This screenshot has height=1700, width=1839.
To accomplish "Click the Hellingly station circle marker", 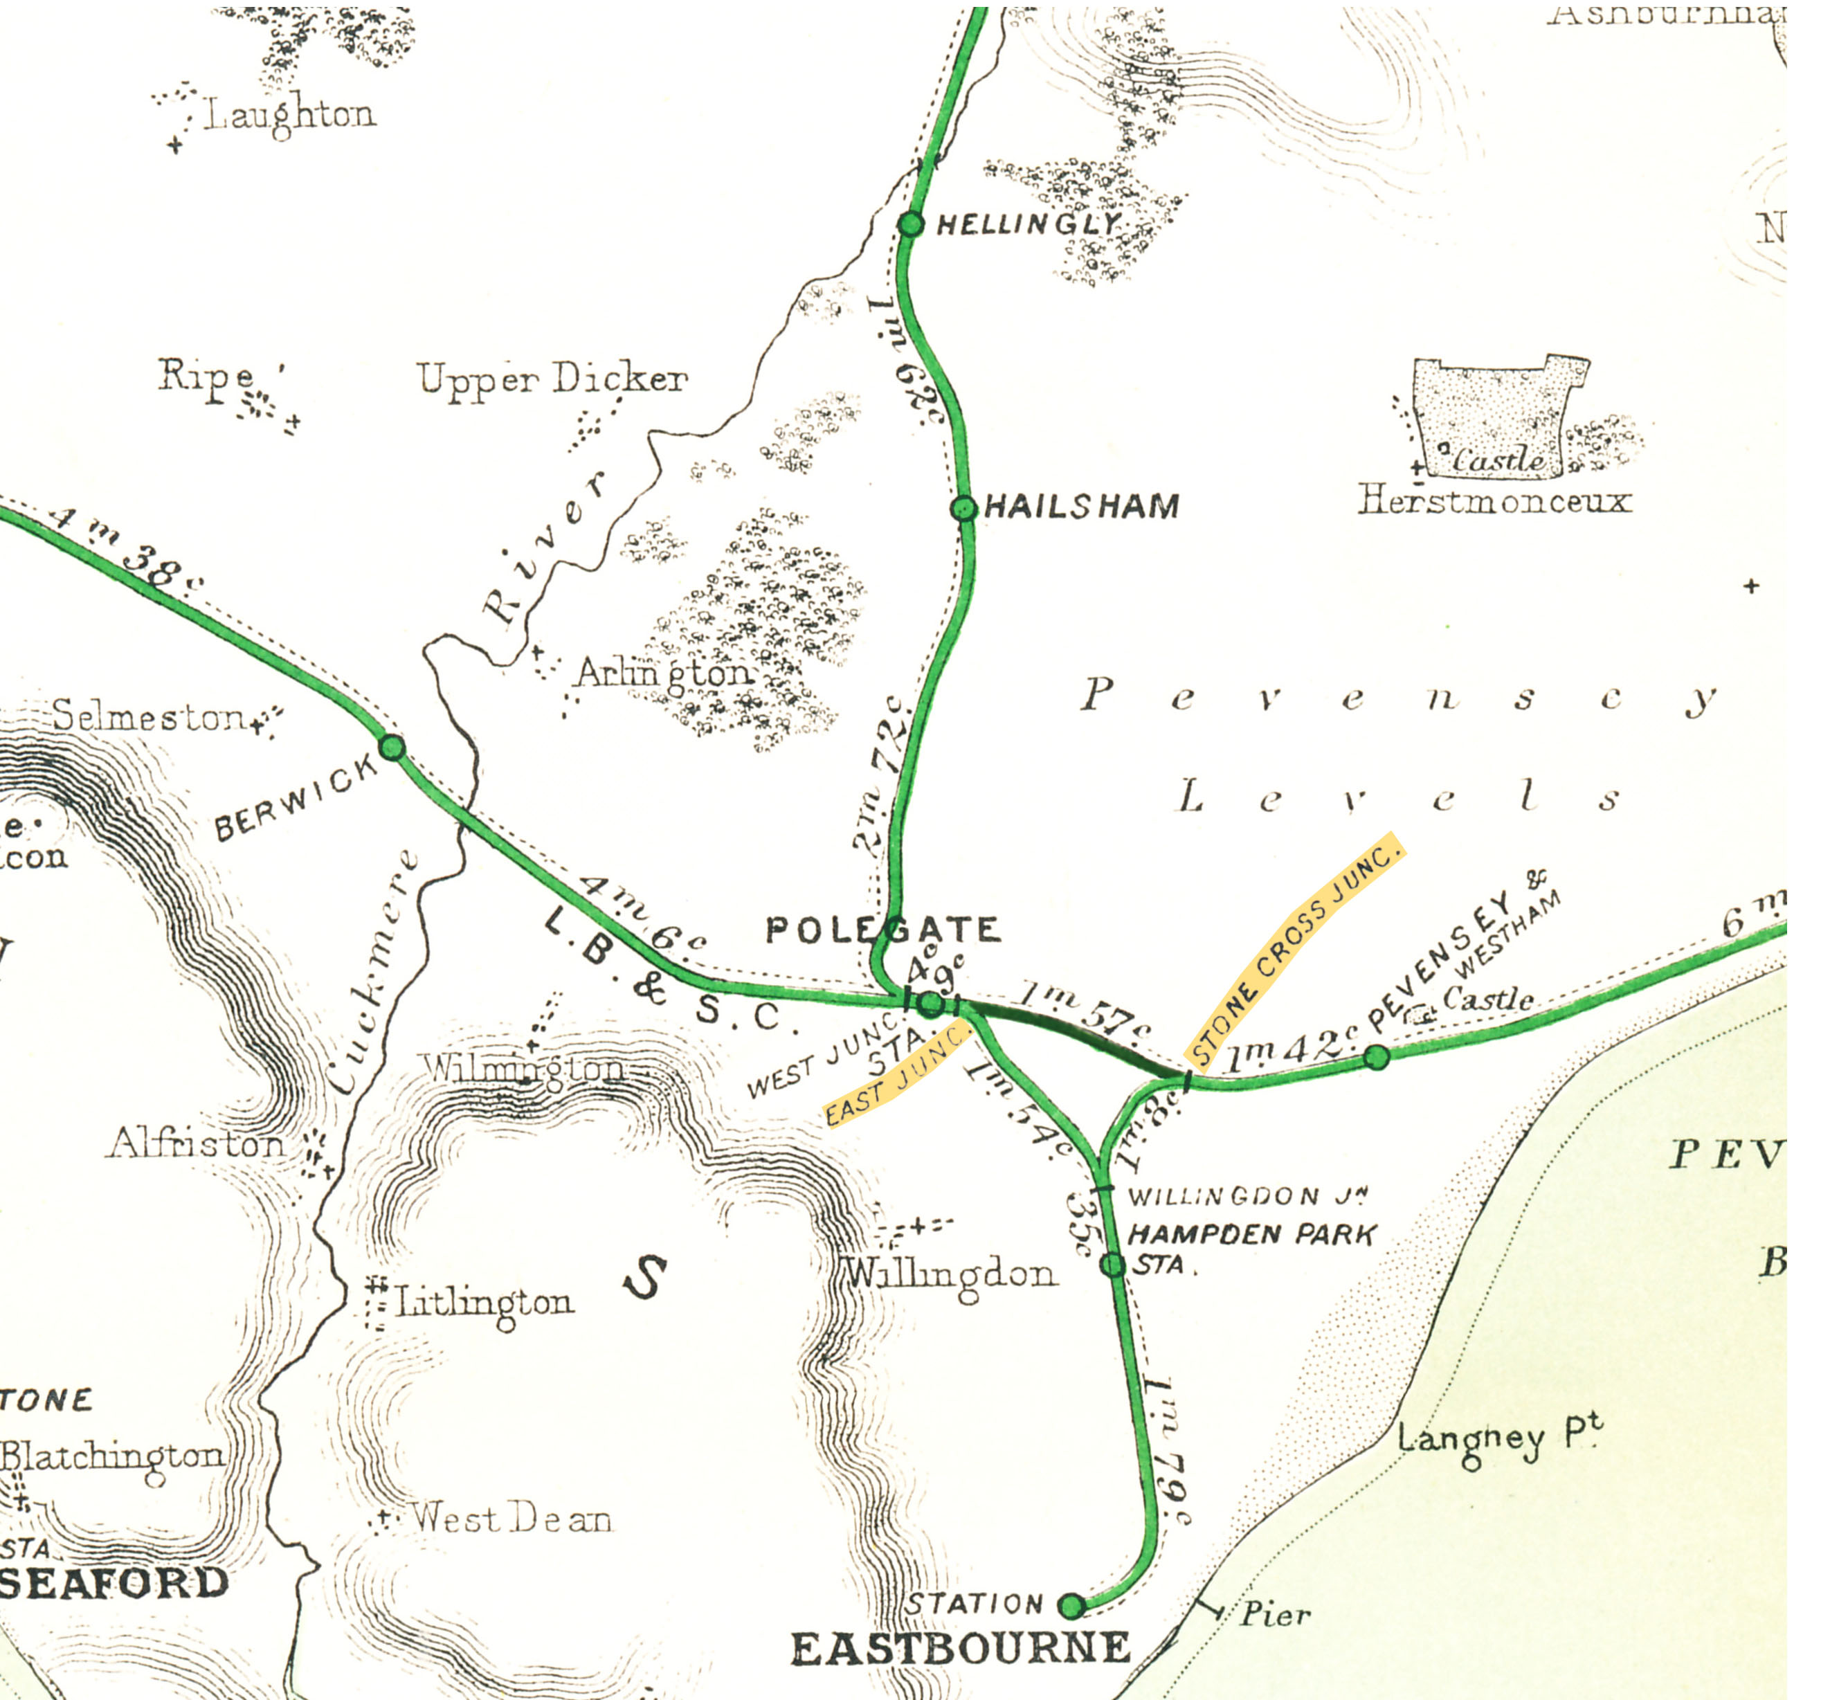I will tap(910, 224).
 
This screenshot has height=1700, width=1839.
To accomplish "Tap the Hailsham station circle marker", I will tap(963, 508).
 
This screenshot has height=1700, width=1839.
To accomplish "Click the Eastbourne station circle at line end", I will tap(1071, 1606).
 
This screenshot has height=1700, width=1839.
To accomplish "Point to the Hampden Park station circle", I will tap(1113, 1265).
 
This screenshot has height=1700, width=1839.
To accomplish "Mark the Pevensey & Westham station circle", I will tap(1376, 1057).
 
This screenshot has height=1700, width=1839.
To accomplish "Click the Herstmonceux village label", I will tap(1494, 500).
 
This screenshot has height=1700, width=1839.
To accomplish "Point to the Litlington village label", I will tap(484, 1303).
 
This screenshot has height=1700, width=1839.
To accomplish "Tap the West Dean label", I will tap(511, 1518).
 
